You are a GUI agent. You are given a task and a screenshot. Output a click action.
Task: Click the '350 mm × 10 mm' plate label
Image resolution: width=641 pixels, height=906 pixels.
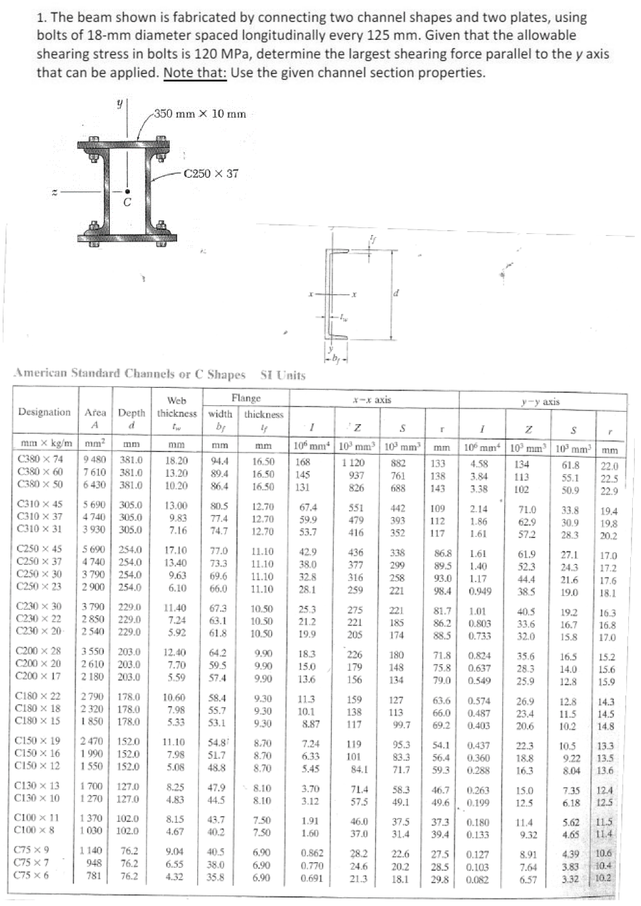[x=200, y=114]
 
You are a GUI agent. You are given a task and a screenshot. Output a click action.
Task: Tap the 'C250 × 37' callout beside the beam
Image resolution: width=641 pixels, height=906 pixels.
[x=211, y=174]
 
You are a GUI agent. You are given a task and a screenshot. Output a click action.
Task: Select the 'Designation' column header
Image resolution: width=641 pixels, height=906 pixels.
[x=45, y=412]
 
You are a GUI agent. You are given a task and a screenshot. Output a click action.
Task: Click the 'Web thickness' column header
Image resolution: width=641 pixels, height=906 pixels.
[x=177, y=407]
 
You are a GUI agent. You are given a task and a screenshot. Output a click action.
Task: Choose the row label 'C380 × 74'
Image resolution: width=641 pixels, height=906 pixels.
[x=40, y=459]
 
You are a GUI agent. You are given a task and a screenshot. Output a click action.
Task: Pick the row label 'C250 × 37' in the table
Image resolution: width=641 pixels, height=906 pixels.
[x=39, y=561]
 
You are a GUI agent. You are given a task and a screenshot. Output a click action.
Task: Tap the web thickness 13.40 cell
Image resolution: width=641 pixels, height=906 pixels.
[x=176, y=562]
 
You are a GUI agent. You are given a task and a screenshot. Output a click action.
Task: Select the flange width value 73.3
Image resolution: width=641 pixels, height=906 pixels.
[x=218, y=564]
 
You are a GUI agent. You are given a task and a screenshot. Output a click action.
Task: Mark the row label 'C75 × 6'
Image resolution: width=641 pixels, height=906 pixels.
[x=37, y=875]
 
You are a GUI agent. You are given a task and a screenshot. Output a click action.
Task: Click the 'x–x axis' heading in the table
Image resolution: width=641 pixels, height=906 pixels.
[x=372, y=400]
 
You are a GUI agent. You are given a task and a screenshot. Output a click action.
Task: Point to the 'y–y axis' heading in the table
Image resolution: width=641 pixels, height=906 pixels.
[x=541, y=402]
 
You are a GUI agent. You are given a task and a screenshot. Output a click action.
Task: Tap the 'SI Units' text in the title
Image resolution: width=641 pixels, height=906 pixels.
[x=283, y=375]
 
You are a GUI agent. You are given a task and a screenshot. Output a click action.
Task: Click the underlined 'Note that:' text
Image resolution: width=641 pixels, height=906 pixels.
[x=195, y=72]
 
